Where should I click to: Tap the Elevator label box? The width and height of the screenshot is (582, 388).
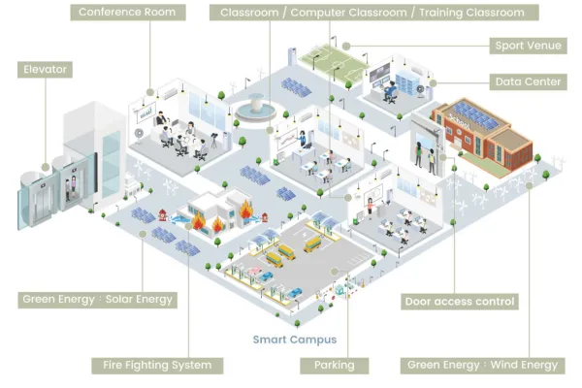coord(47,70)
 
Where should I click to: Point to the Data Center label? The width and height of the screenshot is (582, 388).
coord(528,82)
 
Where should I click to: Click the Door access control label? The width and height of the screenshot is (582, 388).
coord(460,302)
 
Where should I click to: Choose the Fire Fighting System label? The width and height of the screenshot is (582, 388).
coord(156,366)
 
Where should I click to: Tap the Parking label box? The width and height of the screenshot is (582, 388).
coord(334,366)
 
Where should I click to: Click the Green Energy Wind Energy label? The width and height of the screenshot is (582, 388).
coord(481,366)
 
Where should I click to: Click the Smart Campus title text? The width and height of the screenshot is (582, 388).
coord(295,339)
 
